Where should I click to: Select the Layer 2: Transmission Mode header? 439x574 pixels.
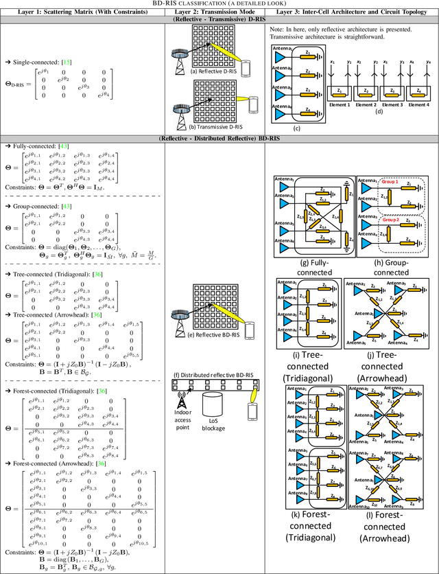(212, 13)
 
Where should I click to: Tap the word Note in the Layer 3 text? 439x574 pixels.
(274, 29)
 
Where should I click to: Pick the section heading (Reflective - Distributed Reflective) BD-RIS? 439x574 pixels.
(219, 139)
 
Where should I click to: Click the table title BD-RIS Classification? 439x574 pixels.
(219, 3)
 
